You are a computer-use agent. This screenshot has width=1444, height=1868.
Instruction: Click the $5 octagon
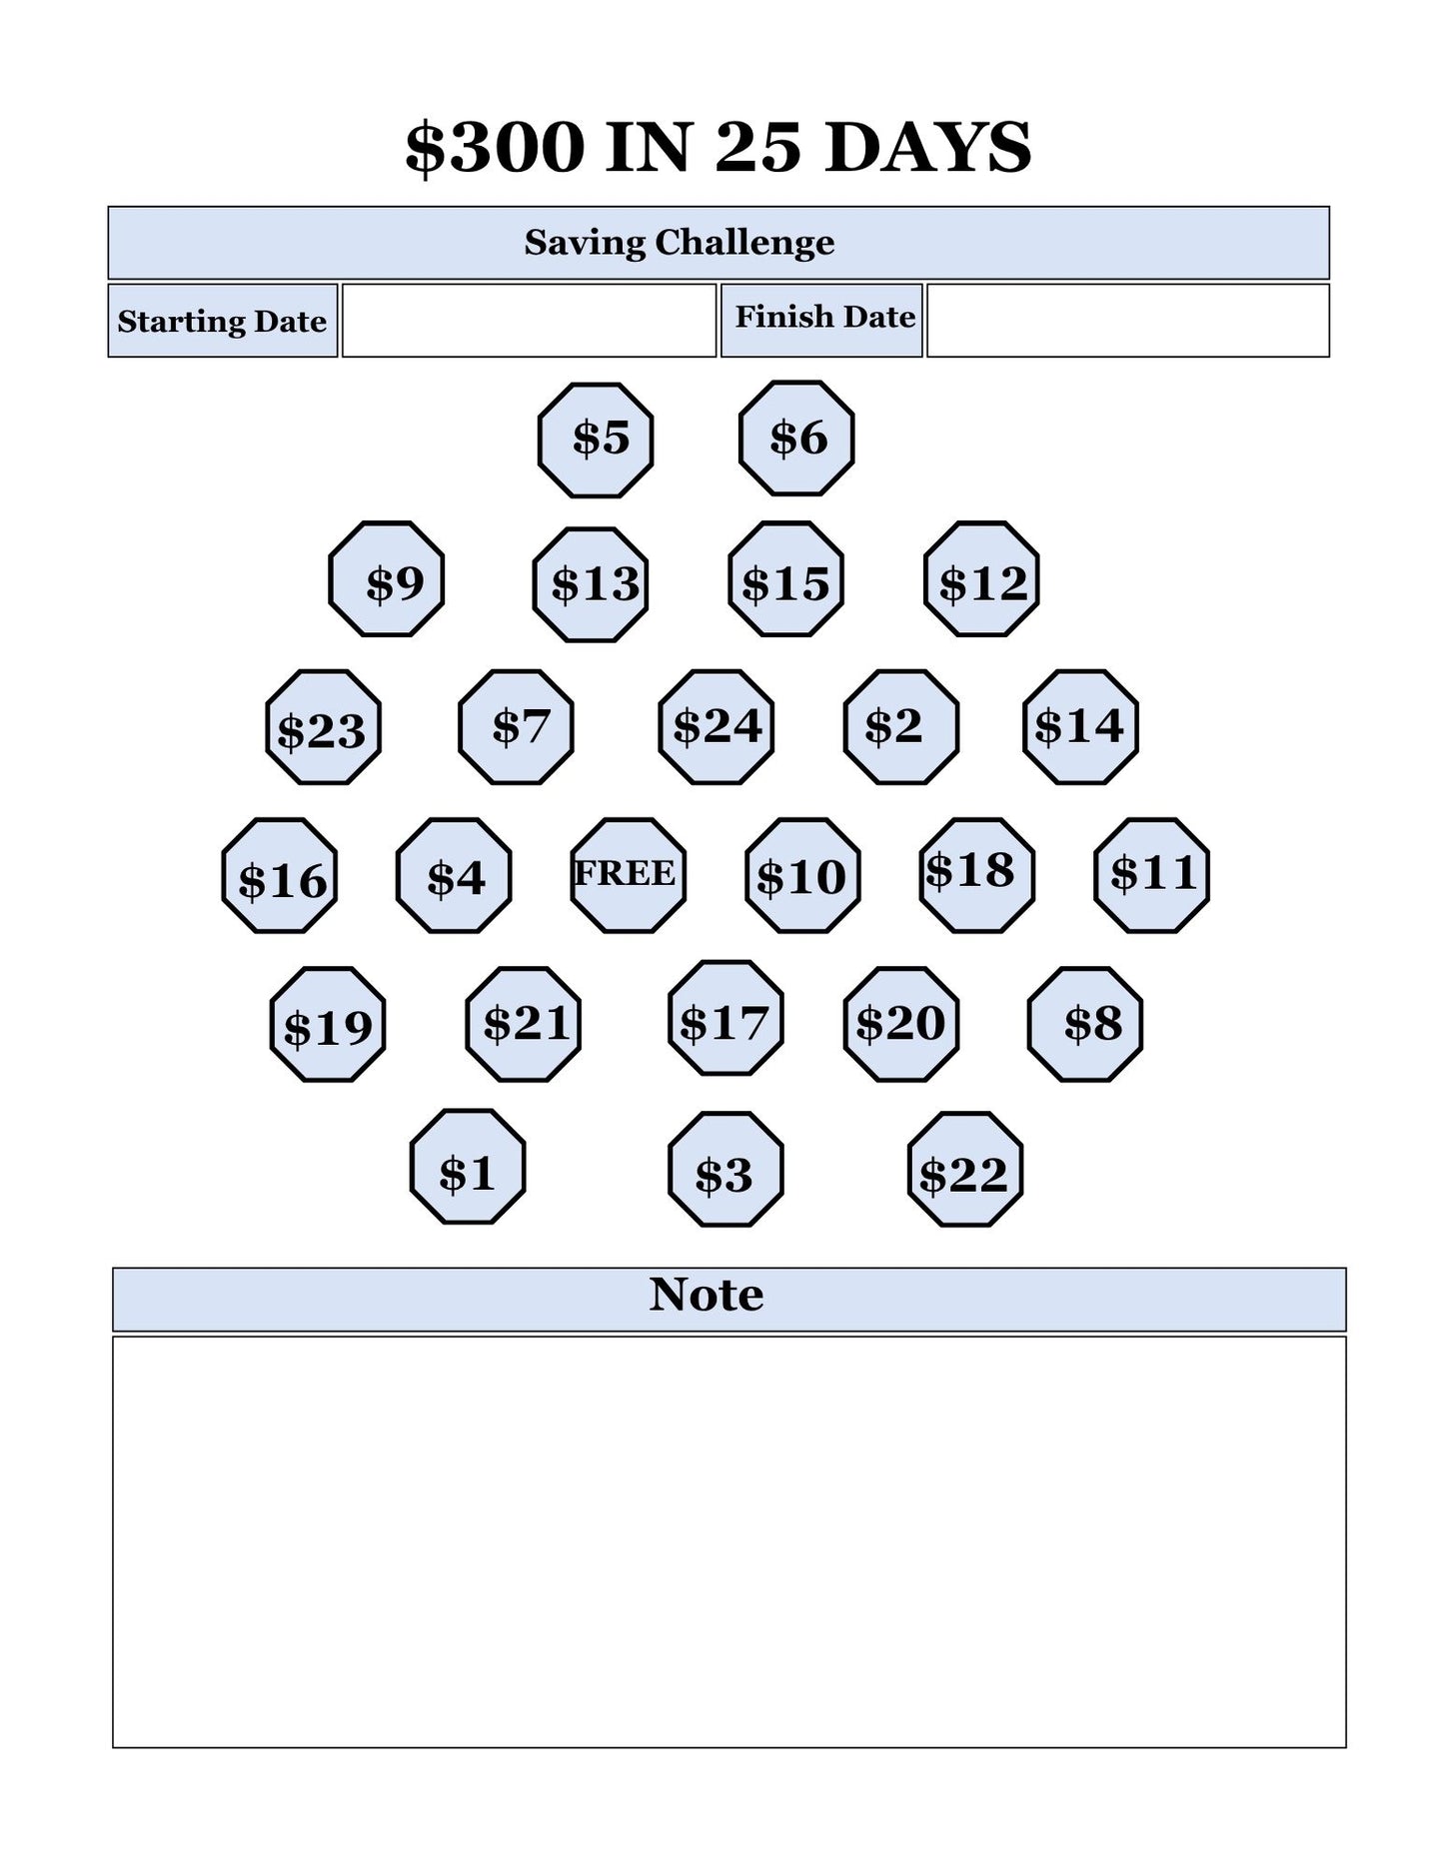[596, 440]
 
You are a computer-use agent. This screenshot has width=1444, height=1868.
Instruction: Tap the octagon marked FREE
[629, 875]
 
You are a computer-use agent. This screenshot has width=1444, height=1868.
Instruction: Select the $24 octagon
[717, 727]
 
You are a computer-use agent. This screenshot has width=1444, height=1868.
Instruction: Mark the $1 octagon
[468, 1166]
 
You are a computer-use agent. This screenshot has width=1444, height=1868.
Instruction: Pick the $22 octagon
[965, 1169]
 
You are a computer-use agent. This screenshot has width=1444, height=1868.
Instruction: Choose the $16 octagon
[280, 875]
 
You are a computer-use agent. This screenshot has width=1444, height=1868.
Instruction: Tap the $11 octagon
[1152, 875]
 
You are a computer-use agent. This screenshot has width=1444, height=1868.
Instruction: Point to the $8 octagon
[1085, 1024]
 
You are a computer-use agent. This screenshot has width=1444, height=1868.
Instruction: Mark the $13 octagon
[591, 584]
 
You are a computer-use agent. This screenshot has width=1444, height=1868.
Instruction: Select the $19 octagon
[328, 1024]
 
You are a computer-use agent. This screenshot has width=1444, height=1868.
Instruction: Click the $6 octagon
[796, 438]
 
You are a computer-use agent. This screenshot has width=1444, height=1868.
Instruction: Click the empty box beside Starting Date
[530, 321]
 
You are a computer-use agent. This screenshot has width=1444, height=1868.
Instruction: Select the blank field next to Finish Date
[1128, 321]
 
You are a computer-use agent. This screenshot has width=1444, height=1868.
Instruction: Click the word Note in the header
[707, 1295]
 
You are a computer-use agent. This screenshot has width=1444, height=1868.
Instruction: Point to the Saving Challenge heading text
[680, 243]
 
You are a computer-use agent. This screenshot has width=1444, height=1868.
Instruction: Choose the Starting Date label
[222, 322]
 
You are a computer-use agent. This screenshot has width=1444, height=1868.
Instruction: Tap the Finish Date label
[825, 317]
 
